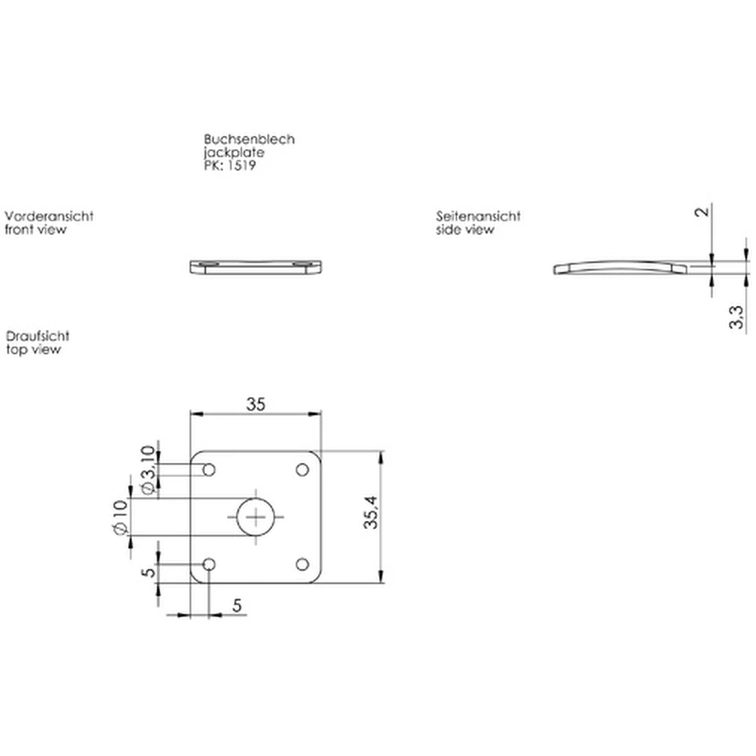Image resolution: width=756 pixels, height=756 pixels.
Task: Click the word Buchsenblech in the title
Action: [x=249, y=139]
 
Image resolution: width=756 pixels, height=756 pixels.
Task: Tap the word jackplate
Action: [x=234, y=153]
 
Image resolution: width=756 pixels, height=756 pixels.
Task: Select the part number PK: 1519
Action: [x=230, y=166]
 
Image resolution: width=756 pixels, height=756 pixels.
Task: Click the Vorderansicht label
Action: [x=49, y=216]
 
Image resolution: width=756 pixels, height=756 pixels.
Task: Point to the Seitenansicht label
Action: [x=479, y=216]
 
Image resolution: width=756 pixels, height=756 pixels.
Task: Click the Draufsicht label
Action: [x=37, y=337]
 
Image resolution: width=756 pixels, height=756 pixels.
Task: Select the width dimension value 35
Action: [x=255, y=405]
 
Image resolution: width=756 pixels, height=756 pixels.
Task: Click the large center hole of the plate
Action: [x=256, y=517]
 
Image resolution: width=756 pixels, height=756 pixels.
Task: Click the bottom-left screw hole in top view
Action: [x=209, y=564]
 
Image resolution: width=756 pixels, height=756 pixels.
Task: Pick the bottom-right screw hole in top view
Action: [x=302, y=564]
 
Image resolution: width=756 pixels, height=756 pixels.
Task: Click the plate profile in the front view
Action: [x=256, y=267]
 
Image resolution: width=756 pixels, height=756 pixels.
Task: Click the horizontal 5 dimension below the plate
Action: [x=237, y=606]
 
